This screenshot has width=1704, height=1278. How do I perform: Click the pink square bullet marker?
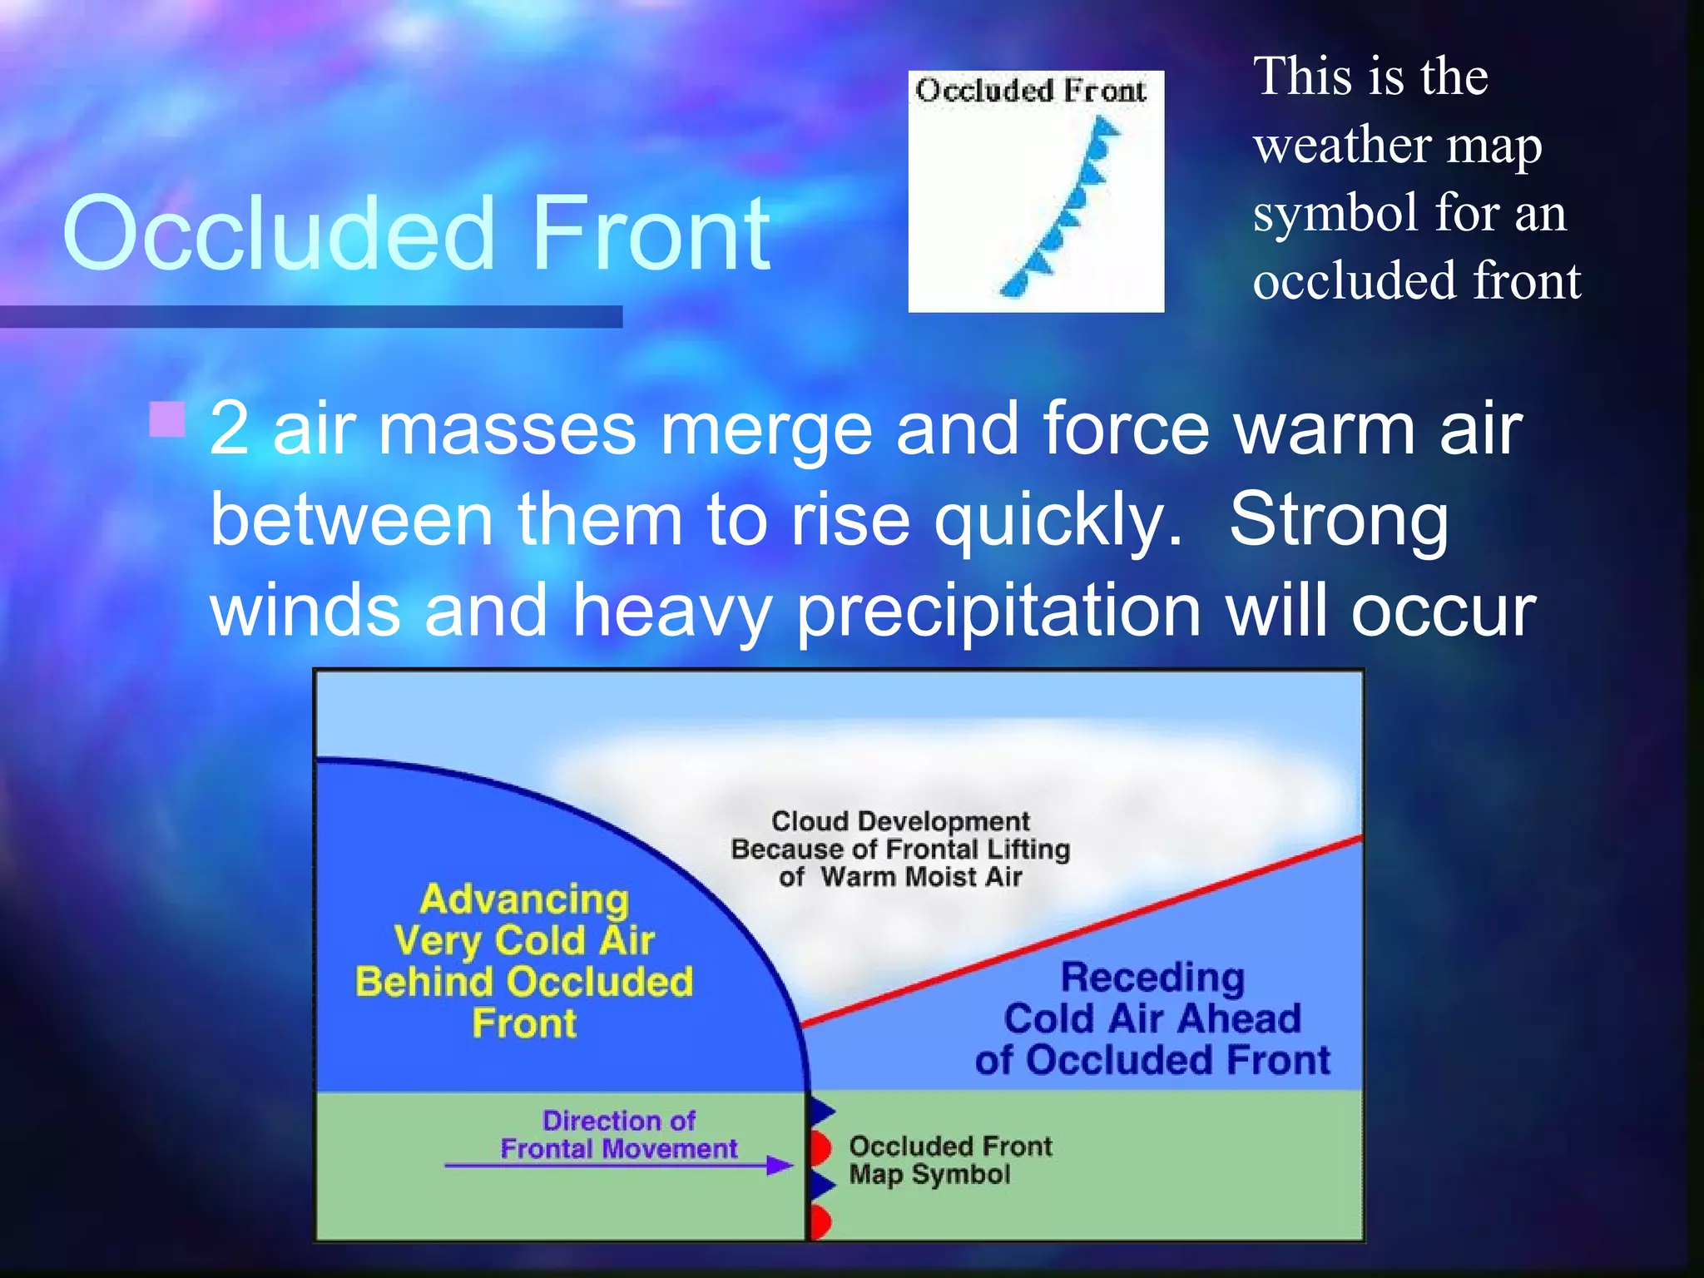point(167,419)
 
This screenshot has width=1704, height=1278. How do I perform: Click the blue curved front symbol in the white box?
point(1065,208)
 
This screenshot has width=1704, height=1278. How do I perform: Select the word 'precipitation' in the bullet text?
point(998,611)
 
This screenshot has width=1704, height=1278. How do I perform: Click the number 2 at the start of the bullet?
point(230,429)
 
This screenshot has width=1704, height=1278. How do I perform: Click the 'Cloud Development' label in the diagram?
point(900,822)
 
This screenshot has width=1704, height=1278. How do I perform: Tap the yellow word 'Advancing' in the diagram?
point(524,899)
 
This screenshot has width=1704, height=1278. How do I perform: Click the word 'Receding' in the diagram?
point(1152,978)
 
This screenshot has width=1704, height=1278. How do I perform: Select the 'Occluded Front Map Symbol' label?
point(949,1160)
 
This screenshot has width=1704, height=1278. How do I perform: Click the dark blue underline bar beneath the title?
point(310,316)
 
